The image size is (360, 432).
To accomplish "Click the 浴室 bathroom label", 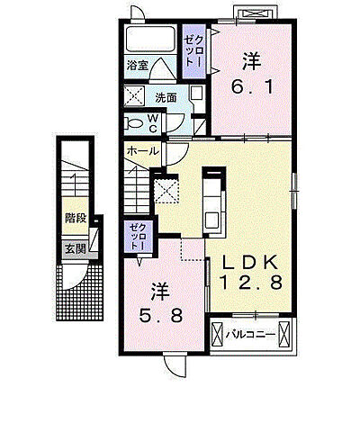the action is point(138,66).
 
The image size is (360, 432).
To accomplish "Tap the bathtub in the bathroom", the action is point(150,40).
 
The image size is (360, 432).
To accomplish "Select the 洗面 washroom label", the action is point(166,98).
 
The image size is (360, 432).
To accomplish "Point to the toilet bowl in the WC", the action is point(134,123).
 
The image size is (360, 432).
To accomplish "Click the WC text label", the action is point(152,123).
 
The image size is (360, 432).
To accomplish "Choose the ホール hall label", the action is point(142,151).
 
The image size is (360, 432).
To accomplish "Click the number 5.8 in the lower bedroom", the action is point(160,315).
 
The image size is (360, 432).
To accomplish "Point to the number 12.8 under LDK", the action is point(251,283).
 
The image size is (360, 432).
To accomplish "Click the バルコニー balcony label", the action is point(251,334).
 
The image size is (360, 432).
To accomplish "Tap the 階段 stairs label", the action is point(76,218).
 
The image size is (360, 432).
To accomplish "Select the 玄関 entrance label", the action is point(76,248).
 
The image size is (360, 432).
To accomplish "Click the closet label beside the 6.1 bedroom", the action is point(194,51).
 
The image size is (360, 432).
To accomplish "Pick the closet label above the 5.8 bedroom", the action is point(139,237).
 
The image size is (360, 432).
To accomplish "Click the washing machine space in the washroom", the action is point(134,96).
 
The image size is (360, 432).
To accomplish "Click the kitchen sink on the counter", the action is point(212,220).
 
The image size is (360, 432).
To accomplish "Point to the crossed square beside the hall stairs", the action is point(166,190).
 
